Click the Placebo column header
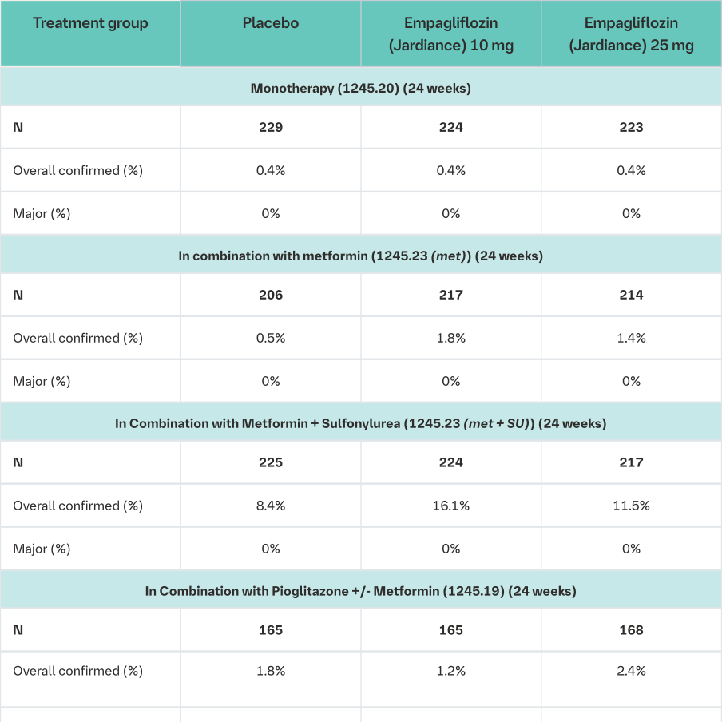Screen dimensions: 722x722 [271, 23]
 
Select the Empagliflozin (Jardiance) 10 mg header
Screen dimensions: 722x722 [451, 34]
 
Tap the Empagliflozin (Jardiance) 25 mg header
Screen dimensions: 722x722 [631, 34]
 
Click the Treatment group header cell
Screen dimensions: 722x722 [90, 23]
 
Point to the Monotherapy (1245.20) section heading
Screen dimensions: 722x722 [361, 88]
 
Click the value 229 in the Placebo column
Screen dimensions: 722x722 [271, 127]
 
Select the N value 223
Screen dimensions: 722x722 [631, 127]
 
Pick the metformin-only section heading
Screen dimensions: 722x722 [361, 256]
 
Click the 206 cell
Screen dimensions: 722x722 [271, 295]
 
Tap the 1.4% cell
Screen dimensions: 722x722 [631, 338]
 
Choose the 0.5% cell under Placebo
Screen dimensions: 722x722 [271, 338]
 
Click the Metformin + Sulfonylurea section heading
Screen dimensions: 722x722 [361, 423]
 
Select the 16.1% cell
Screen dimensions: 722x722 [451, 506]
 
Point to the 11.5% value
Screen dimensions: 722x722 [631, 506]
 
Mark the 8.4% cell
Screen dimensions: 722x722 [271, 506]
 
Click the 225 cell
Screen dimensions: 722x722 [271, 462]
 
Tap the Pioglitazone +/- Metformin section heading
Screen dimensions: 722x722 [361, 591]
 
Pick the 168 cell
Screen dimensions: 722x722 [631, 630]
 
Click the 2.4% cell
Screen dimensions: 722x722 [631, 671]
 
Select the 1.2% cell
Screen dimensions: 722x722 [451, 671]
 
